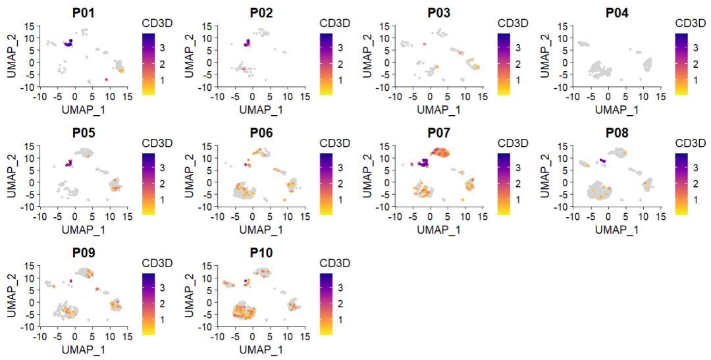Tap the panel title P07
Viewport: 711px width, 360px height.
click(437, 132)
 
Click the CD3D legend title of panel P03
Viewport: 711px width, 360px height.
click(512, 23)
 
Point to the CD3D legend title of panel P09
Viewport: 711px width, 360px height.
click(157, 263)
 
